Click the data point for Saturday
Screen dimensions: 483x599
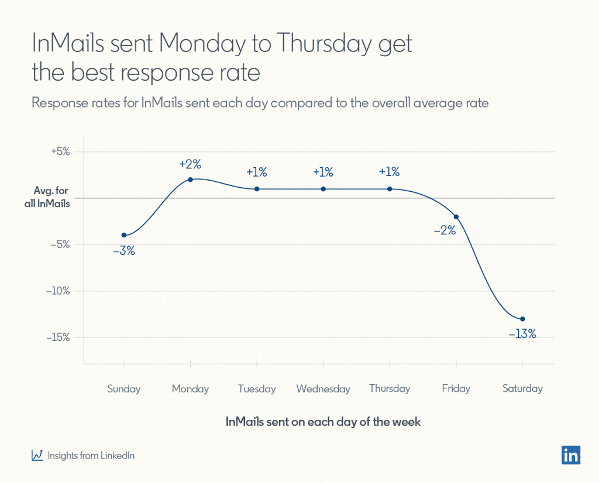(x=522, y=319)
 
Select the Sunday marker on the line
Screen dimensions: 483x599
(x=124, y=235)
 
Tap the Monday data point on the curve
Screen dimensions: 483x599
(x=191, y=180)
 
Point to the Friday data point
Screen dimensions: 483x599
(x=456, y=217)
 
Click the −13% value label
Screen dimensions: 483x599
(x=522, y=335)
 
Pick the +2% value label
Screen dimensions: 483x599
(x=190, y=164)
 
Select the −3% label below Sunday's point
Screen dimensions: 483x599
(x=124, y=251)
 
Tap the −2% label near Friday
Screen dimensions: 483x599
(x=445, y=230)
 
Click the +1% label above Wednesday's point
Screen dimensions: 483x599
(x=323, y=172)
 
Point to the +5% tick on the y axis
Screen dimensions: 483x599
(x=60, y=151)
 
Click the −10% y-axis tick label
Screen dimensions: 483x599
(x=58, y=291)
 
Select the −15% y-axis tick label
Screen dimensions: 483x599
(x=58, y=337)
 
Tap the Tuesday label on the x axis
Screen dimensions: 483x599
(x=257, y=389)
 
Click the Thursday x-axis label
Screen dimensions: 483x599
(x=390, y=389)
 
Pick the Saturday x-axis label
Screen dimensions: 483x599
(x=522, y=389)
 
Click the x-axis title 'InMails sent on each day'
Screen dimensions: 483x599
(x=323, y=422)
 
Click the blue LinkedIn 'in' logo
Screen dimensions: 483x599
(x=570, y=455)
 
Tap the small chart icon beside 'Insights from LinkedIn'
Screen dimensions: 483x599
(x=37, y=455)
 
